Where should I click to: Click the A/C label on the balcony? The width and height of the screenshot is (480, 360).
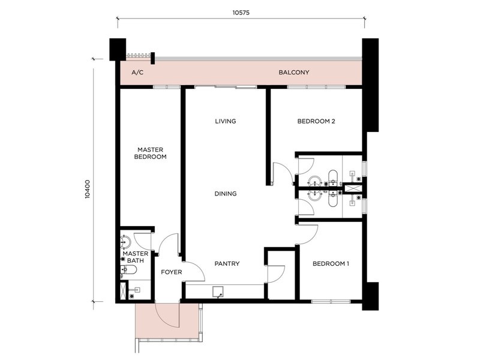[x=137, y=73]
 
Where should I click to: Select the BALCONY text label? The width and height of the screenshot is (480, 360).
[x=294, y=73]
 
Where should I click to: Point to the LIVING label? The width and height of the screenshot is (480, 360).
[x=226, y=121]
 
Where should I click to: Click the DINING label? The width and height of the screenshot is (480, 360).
[x=226, y=194]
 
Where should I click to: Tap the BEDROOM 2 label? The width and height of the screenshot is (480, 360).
[x=316, y=121]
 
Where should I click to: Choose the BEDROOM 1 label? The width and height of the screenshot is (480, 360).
[x=331, y=263]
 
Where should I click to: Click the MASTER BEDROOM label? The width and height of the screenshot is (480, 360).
[x=151, y=153]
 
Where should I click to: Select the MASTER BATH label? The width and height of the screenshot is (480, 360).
[x=136, y=257]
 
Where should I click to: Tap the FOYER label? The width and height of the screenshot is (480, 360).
[x=172, y=272]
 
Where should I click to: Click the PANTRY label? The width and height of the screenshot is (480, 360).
[x=227, y=263]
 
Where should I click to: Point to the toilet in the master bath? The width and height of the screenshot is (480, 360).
[x=130, y=271]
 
